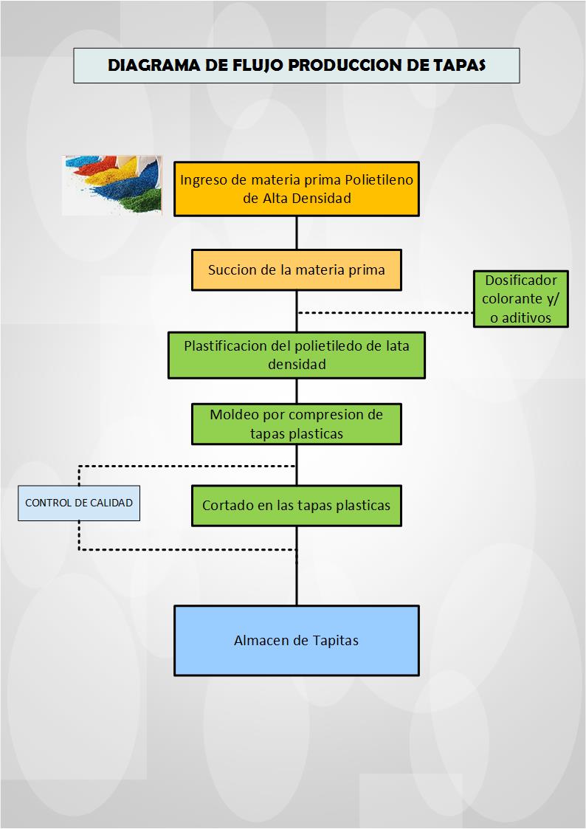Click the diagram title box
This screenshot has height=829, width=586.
tap(297, 65)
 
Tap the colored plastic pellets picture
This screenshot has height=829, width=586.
tap(111, 185)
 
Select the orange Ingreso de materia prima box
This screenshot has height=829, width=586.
tap(297, 188)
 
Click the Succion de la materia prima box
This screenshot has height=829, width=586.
tap(297, 269)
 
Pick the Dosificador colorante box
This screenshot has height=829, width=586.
tap(521, 299)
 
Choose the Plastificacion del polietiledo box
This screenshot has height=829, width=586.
tap(297, 355)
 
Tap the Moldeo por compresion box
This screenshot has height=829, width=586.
tap(297, 424)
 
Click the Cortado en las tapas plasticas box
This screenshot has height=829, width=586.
tap(297, 506)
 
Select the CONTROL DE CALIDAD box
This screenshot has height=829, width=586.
tap(79, 503)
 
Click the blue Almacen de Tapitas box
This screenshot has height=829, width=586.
tap(297, 640)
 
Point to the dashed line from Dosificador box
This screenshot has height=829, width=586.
tap(384, 313)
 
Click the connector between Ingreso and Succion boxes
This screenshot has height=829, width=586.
tap(297, 233)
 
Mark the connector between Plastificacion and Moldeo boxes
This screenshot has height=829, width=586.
tap(297, 391)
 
